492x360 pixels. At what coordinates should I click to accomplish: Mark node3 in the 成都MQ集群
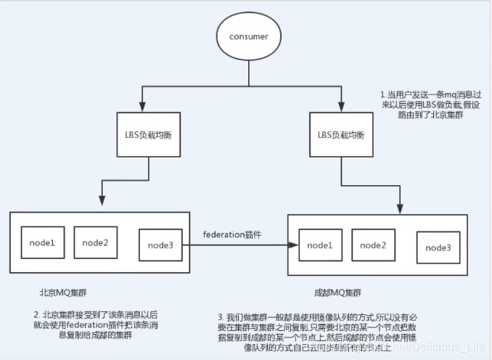[x=438, y=248]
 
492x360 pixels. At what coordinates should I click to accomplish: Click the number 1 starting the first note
[x=383, y=95]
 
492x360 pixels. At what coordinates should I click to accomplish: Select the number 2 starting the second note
[x=36, y=314]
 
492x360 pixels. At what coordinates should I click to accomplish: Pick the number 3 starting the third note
[x=219, y=317]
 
